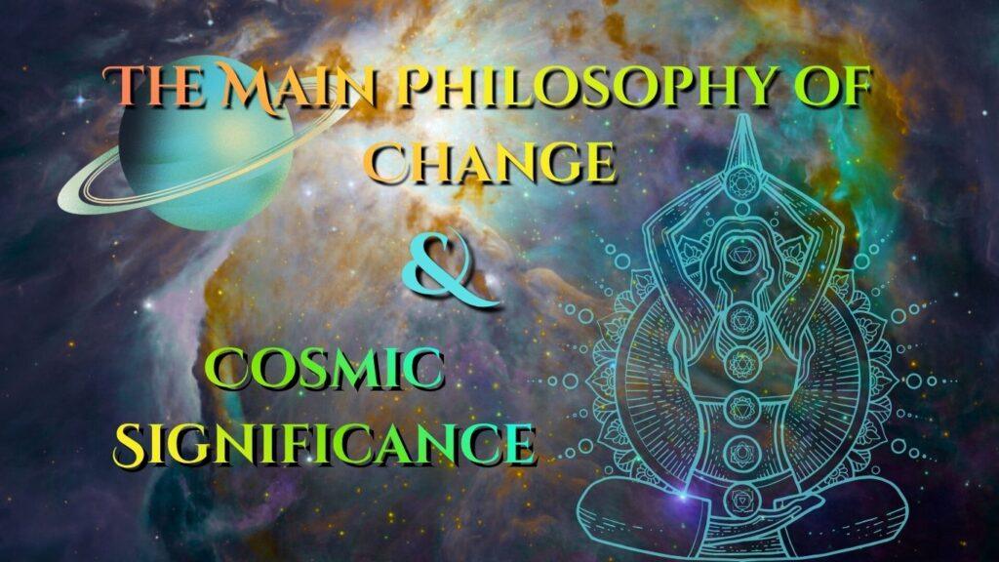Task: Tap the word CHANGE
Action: pos(493,162)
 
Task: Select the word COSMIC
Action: pos(324,370)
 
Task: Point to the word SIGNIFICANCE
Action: pos(324,442)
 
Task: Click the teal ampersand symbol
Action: pos(448,270)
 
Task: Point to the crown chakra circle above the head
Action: pos(741,182)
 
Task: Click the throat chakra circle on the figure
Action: pos(741,317)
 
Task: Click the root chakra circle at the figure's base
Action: pos(741,501)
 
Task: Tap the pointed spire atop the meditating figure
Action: pos(741,140)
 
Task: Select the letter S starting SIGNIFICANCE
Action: pos(131,443)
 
